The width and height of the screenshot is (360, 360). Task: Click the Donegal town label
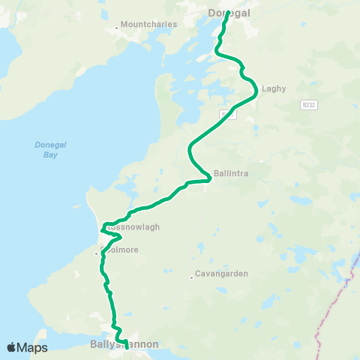click(x=229, y=13)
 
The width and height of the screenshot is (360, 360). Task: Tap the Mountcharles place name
click(x=151, y=24)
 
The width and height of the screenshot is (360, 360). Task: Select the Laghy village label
click(x=274, y=88)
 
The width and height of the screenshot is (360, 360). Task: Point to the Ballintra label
click(x=231, y=173)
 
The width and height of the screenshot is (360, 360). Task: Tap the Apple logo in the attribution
click(x=12, y=347)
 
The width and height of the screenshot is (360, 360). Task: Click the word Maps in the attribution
click(x=33, y=347)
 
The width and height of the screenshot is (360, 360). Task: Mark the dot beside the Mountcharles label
click(x=118, y=28)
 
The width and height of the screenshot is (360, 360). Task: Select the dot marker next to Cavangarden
click(x=192, y=277)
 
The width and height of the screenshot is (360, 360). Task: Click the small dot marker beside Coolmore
click(x=96, y=253)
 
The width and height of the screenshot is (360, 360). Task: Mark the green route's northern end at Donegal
click(x=226, y=13)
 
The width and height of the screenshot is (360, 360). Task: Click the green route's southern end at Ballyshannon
click(x=126, y=347)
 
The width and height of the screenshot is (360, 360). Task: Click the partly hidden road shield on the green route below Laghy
click(x=224, y=114)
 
